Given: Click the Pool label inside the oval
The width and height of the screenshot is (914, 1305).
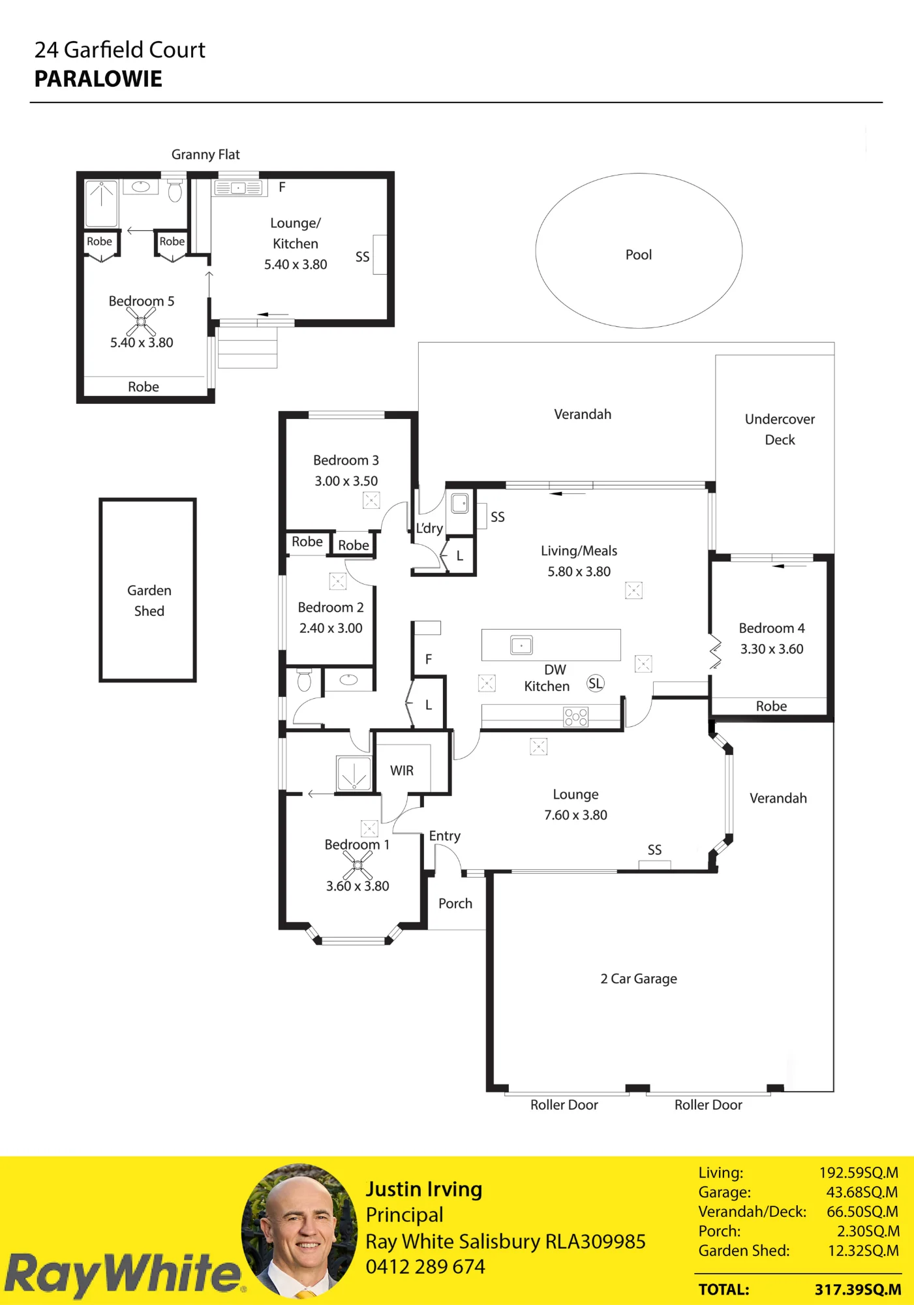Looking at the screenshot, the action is click(x=639, y=254).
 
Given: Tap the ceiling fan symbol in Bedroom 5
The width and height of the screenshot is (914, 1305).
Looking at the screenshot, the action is click(x=141, y=322).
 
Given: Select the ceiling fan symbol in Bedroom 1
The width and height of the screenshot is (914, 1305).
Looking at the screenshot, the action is click(x=358, y=865).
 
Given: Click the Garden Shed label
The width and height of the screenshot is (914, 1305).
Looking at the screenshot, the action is click(x=149, y=600).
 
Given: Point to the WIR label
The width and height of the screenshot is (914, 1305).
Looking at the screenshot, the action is click(x=402, y=771).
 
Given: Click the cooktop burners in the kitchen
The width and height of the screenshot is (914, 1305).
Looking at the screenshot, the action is click(x=576, y=717).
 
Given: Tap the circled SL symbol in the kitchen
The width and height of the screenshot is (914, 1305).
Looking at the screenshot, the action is click(x=596, y=683).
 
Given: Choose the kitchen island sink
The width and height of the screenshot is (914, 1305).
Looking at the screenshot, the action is click(x=521, y=645).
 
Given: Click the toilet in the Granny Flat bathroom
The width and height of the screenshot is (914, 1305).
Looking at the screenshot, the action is click(x=175, y=191).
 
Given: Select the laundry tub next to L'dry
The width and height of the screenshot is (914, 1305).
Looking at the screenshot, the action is click(x=460, y=503).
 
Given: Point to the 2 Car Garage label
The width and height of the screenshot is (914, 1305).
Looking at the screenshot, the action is click(x=639, y=979).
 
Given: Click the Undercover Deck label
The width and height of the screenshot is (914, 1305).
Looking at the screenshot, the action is click(x=780, y=429).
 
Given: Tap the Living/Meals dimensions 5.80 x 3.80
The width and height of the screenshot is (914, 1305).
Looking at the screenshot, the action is click(x=579, y=572).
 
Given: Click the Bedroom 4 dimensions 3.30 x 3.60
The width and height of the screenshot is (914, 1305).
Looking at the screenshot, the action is click(x=772, y=649).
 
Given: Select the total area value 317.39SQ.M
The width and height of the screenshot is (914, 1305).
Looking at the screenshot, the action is click(x=858, y=1289).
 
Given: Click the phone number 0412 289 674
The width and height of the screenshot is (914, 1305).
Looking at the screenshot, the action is click(x=425, y=1267).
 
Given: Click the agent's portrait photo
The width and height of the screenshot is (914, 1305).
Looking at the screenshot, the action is click(x=299, y=1231).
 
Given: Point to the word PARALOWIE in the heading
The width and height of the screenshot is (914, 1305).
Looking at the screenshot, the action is click(x=99, y=79).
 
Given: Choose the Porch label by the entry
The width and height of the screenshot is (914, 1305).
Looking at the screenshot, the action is click(x=455, y=904).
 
